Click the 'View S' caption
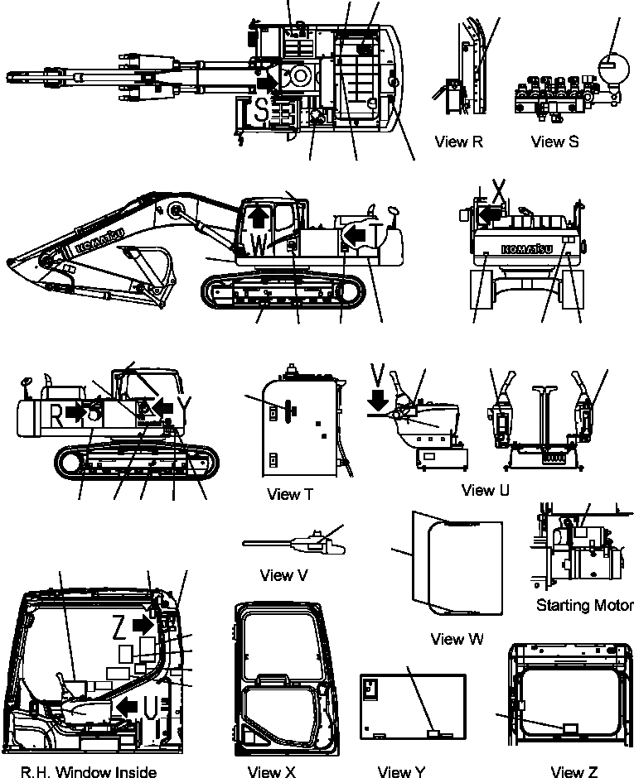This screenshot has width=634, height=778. tap(554, 142)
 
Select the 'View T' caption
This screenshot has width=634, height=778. tap(290, 494)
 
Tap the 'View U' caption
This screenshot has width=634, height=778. tap(485, 490)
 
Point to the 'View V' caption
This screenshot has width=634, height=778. tap(288, 574)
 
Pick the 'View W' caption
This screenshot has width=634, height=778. tap(458, 639)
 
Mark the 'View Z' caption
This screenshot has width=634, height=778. tap(574, 772)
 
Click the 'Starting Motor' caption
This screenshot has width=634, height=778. tap(584, 605)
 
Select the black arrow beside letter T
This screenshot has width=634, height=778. tap(356, 236)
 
